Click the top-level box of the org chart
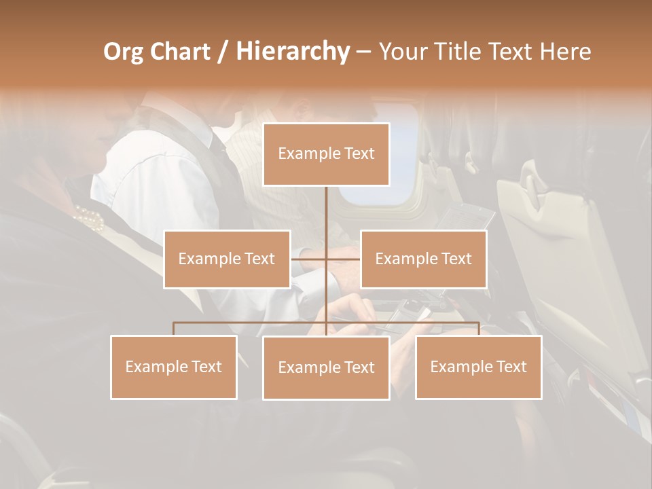[x=326, y=154]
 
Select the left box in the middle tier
[x=227, y=259]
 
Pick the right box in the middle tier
[x=423, y=259]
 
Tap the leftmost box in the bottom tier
[x=174, y=367]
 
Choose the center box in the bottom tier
[x=326, y=367]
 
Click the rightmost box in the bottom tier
[x=478, y=367]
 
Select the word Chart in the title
[x=177, y=52]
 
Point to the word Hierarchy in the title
[x=292, y=52]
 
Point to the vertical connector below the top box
[x=326, y=211]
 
